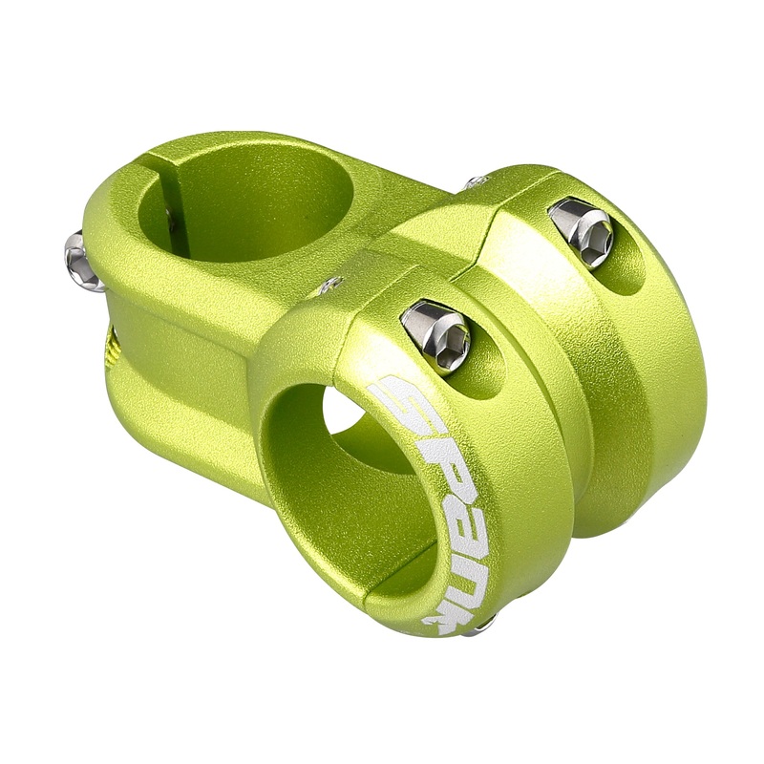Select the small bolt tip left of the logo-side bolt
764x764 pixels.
coord(331,284)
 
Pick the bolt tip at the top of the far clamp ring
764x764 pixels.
coord(475,181)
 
